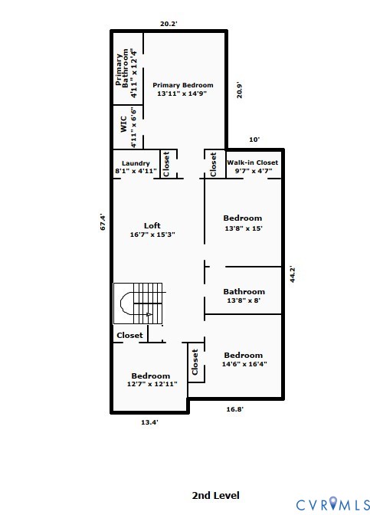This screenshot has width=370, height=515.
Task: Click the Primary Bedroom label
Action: [183, 85]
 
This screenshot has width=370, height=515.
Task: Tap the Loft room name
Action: [152, 225]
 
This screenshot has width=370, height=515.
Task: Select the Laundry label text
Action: [136, 163]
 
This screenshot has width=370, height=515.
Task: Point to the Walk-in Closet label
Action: [253, 162]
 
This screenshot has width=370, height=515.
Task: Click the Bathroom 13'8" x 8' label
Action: [244, 296]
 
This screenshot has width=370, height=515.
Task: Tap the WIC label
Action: [124, 124]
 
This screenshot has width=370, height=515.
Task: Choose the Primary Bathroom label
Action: [122, 69]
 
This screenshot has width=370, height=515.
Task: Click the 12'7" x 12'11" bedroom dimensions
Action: [152, 384]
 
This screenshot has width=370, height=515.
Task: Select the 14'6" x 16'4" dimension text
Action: [244, 364]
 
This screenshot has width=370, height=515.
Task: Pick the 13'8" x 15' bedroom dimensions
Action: [244, 228]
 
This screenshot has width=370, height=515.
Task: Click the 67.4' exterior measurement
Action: [103, 221]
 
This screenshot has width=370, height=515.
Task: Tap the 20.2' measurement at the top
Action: [169, 24]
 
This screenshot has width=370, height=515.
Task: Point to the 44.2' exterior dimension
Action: [293, 274]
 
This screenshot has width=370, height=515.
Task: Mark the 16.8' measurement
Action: [234, 409]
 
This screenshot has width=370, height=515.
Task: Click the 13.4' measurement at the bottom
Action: [149, 422]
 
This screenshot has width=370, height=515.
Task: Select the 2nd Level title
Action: [216, 495]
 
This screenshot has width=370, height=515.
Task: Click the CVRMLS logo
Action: [333, 504]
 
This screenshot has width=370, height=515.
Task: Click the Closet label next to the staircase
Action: [129, 336]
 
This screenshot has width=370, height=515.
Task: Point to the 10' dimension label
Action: [254, 139]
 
